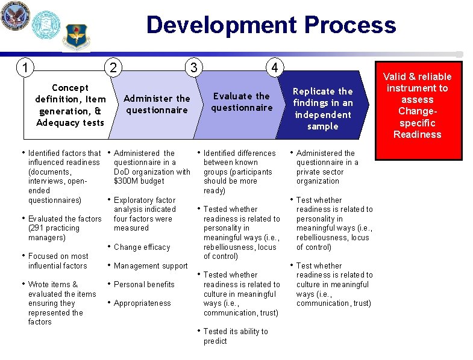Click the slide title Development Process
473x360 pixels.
(x=271, y=25)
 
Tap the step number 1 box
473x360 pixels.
(x=25, y=66)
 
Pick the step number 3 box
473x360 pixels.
(x=193, y=66)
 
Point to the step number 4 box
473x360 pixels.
(x=274, y=68)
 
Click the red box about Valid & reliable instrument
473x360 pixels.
(x=418, y=105)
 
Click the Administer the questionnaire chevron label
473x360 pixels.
(x=157, y=104)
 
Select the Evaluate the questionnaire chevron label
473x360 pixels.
(x=242, y=101)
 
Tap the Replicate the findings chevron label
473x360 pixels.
(x=322, y=108)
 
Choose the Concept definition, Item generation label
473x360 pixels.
(x=70, y=105)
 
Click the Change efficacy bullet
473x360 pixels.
(x=142, y=247)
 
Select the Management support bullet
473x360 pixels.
(x=151, y=265)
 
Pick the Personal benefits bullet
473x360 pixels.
(x=144, y=284)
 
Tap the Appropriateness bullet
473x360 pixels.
(x=142, y=303)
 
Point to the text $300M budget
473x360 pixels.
(x=139, y=181)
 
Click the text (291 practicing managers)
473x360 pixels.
(x=54, y=233)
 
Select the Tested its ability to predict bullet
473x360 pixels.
(x=236, y=336)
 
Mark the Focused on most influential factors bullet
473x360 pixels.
(x=58, y=261)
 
